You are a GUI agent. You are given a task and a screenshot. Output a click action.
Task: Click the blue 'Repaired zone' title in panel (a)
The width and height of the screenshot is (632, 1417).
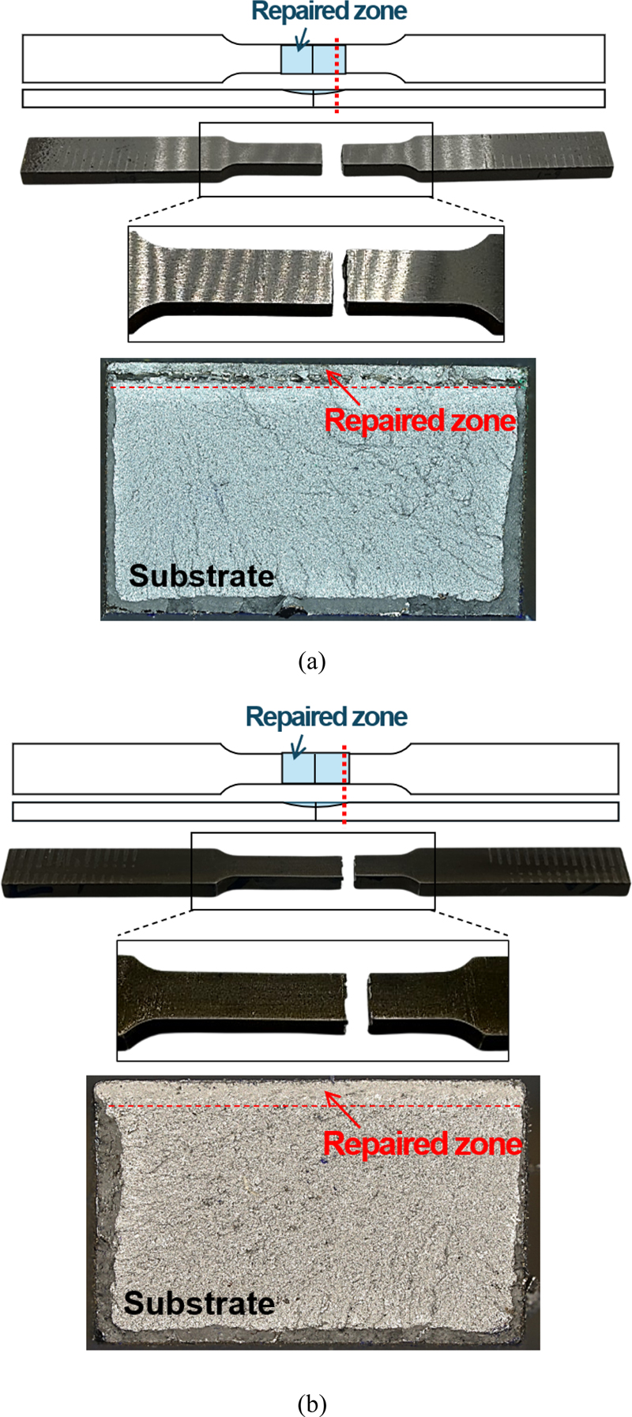tap(329, 12)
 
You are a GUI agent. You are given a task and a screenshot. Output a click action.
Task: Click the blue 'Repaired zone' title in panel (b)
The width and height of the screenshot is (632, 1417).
tap(326, 717)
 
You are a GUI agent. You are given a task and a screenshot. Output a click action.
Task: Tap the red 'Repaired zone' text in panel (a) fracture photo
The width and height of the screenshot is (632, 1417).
tap(420, 420)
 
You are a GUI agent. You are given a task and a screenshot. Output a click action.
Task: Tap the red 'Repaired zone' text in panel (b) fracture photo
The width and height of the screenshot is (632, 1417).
tap(423, 1144)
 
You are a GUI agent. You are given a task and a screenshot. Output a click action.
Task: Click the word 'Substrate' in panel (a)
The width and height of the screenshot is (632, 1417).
tap(201, 575)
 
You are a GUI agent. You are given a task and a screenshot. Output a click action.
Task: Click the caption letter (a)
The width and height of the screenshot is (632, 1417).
tap(312, 661)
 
